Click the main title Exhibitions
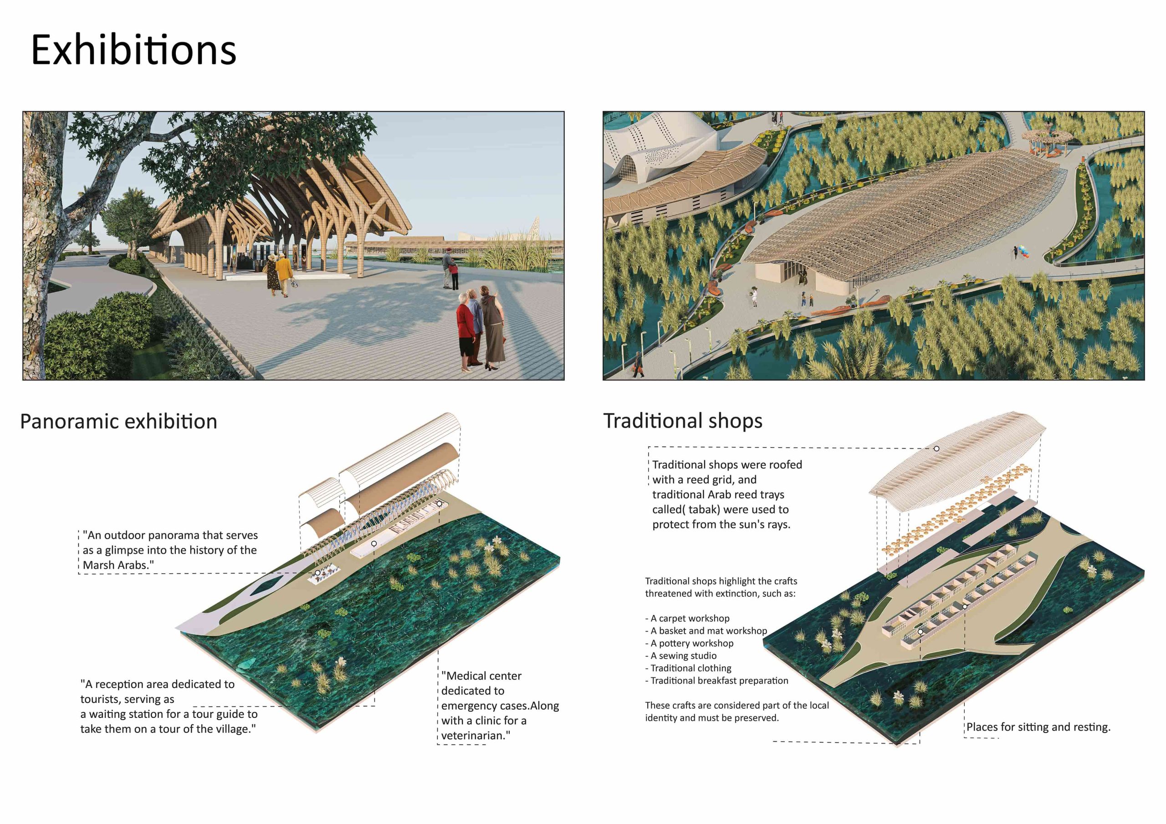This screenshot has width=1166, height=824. (x=133, y=50)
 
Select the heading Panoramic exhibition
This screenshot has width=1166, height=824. (x=118, y=422)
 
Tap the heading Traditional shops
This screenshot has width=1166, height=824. (x=683, y=421)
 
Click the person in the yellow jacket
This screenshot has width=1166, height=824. (x=284, y=275)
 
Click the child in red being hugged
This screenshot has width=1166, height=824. (x=454, y=277)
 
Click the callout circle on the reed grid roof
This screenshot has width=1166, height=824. (x=936, y=448)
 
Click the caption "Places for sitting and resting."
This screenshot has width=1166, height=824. (x=1038, y=727)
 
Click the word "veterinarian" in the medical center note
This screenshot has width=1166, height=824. (x=473, y=735)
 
